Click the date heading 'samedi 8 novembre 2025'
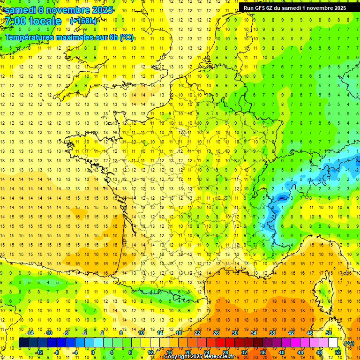(59, 10)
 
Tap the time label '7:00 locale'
(33, 21)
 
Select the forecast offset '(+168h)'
(83, 21)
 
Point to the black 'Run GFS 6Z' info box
(295, 7)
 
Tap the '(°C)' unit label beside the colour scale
(349, 343)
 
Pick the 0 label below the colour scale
(93, 352)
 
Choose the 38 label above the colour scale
(272, 333)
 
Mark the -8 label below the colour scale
(56, 352)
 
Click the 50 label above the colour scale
(329, 333)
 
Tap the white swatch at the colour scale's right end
(333, 343)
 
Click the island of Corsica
(323, 291)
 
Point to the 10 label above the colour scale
(141, 333)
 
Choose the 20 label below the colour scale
(188, 352)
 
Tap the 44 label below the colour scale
(300, 352)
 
